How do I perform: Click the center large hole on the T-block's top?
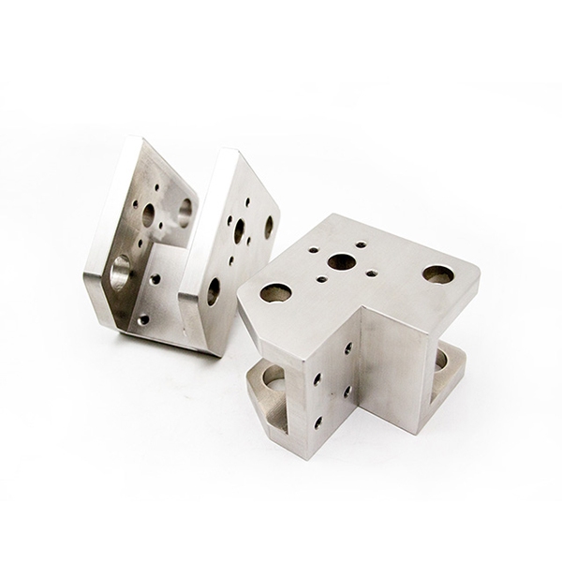click(x=341, y=261)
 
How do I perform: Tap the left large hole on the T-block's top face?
click(x=275, y=293)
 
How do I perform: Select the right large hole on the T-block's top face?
click(x=437, y=274)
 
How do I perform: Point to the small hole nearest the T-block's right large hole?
click(x=373, y=274)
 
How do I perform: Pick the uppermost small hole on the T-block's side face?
click(x=348, y=348)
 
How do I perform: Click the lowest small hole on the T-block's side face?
click(x=318, y=422)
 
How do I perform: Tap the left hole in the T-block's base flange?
click(x=273, y=377)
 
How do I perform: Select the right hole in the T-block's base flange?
click(x=440, y=361)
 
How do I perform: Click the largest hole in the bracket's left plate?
click(x=122, y=273)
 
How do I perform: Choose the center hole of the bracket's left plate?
click(x=148, y=215)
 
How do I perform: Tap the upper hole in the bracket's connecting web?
click(x=155, y=279)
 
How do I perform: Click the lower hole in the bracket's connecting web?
click(x=143, y=319)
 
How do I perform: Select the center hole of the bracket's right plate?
click(x=240, y=229)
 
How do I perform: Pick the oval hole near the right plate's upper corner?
click(x=269, y=226)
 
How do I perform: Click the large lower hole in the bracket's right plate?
click(x=214, y=290)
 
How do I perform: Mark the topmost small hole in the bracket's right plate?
click(x=247, y=200)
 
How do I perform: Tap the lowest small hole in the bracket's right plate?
click(x=231, y=260)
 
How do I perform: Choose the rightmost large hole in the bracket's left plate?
click(x=185, y=213)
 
